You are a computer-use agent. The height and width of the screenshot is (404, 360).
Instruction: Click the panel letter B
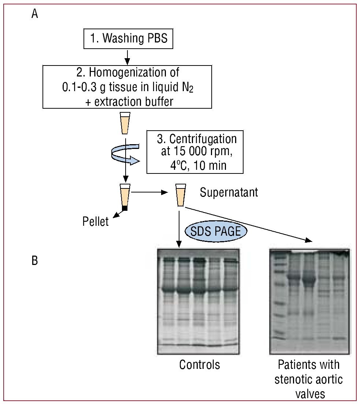(35, 262)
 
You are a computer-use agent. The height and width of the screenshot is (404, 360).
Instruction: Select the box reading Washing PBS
(127, 38)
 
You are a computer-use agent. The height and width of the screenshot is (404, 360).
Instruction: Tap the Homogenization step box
(127, 86)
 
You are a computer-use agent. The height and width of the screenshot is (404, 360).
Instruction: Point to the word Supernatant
(229, 192)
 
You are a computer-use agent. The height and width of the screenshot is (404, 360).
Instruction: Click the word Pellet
(96, 221)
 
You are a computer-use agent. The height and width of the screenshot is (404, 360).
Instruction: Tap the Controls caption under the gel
(200, 364)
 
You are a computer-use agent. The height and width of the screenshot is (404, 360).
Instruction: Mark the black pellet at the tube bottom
(125, 208)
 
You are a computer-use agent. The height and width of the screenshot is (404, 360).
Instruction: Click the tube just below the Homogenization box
(125, 124)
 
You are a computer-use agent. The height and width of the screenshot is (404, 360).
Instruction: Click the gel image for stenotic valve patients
(310, 302)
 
